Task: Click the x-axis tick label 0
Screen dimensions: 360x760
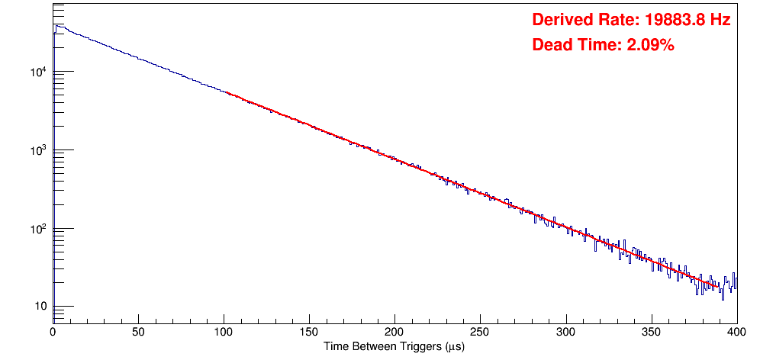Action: click(x=53, y=333)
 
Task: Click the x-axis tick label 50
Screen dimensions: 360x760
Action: click(x=138, y=333)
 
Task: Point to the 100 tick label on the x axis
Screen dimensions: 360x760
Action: click(x=224, y=333)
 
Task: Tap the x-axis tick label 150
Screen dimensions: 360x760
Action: click(x=309, y=333)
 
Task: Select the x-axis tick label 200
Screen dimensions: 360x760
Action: click(x=394, y=333)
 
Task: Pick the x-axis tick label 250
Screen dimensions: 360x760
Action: click(x=480, y=333)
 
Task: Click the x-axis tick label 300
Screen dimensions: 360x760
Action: click(x=565, y=333)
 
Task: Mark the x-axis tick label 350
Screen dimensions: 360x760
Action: click(x=651, y=333)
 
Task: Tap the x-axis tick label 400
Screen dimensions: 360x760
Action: click(x=736, y=333)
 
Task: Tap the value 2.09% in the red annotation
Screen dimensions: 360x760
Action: click(x=650, y=45)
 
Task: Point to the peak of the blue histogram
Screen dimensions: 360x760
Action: click(x=56, y=25)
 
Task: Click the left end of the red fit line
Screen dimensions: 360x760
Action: click(x=227, y=92)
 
